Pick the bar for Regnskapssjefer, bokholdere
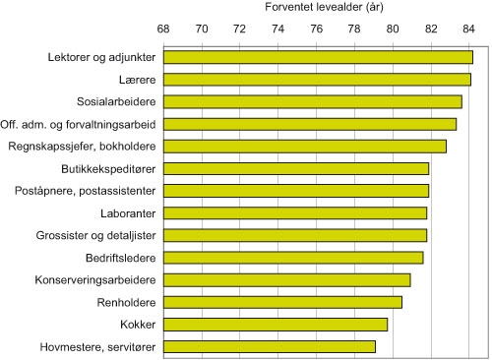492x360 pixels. point(304,146)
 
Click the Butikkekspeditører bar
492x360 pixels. point(295,168)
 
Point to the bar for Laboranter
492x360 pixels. point(294,212)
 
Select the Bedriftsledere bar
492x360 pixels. point(292,258)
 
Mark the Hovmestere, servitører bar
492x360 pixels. point(269,346)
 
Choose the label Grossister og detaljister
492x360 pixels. point(96,235)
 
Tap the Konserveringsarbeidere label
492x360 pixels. point(96,280)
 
